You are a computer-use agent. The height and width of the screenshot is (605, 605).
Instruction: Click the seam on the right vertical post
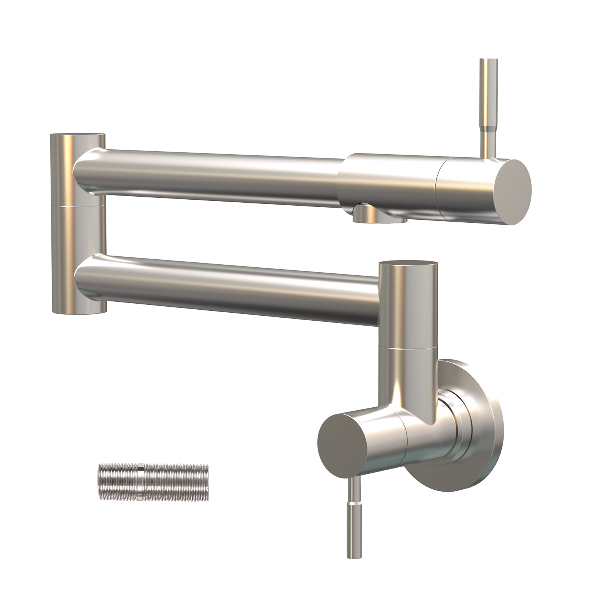[408, 347]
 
